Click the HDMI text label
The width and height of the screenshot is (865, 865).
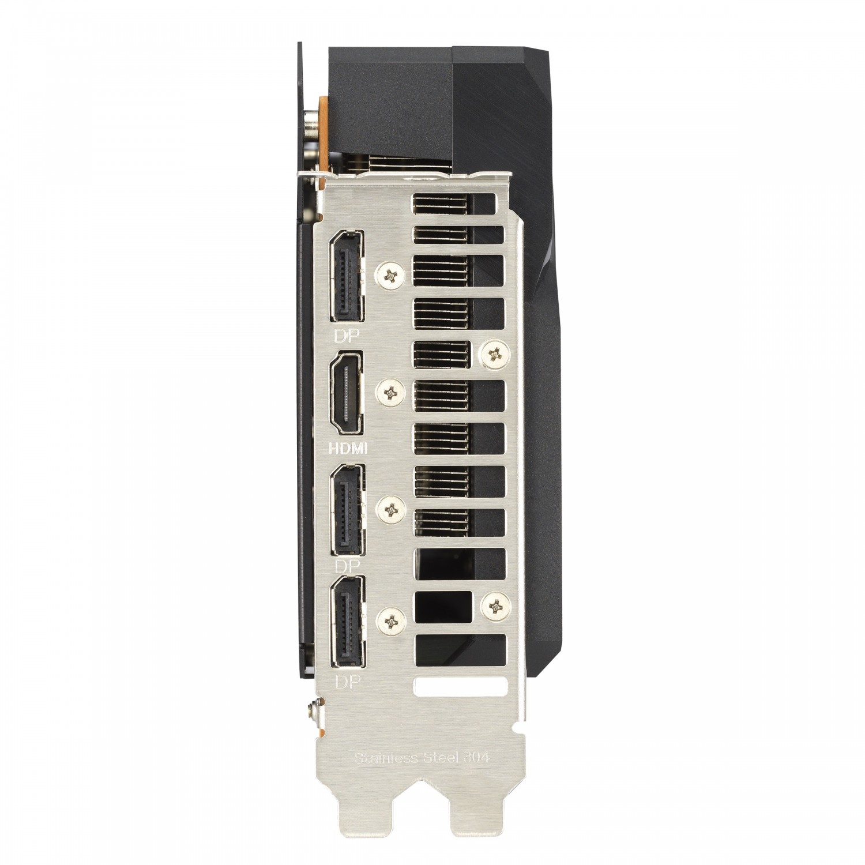(349, 447)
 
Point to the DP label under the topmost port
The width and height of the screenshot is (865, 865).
(344, 335)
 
